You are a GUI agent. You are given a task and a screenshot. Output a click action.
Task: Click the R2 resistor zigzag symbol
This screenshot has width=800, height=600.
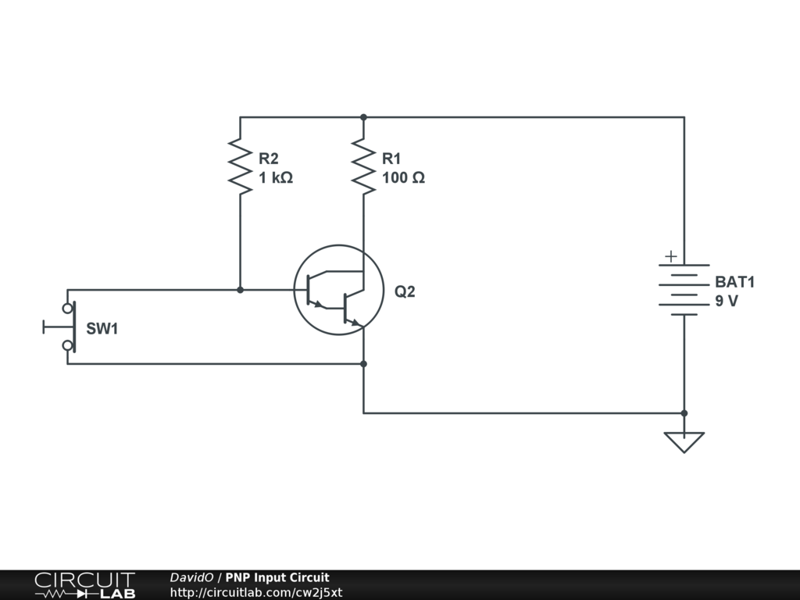240,166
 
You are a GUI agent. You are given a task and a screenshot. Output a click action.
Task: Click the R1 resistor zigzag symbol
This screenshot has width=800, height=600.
363,166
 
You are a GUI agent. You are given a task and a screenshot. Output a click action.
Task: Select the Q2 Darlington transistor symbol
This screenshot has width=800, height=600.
337,291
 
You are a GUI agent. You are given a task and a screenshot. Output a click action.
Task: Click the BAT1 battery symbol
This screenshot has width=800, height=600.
684,290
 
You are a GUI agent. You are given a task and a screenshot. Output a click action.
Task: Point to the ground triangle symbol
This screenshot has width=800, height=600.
684,441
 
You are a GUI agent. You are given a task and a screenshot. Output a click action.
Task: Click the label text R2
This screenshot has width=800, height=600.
268,159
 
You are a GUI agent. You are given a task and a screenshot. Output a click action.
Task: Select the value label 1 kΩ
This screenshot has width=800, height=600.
276,178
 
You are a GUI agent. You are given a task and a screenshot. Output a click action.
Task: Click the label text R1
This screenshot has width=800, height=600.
391,159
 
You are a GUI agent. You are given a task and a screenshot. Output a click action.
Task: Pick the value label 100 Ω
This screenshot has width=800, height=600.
403,178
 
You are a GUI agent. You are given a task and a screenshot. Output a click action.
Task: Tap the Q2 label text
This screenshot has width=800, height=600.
405,292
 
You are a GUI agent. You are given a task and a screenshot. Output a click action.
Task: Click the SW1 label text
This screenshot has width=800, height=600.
102,329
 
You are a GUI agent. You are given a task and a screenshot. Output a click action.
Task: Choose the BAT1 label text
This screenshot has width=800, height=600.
735,282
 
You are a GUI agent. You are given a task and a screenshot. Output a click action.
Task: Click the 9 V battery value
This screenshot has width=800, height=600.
726,302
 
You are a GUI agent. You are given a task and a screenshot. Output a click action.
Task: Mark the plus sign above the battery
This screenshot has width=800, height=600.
670,256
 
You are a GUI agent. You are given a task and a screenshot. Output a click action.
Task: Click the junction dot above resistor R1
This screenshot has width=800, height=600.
363,117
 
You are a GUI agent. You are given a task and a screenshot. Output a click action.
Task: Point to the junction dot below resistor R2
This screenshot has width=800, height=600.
240,290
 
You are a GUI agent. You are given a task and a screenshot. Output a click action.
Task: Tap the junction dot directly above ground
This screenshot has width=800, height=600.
684,413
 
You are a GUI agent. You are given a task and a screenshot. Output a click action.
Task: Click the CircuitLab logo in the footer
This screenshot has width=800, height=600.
84,585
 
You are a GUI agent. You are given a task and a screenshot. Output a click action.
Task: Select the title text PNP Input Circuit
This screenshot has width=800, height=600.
277,578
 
